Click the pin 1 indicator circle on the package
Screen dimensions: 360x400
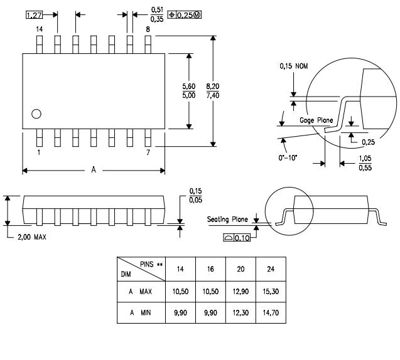(36, 114)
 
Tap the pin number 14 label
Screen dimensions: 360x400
(39, 29)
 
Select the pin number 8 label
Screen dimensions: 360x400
(148, 29)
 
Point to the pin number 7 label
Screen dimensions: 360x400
(148, 152)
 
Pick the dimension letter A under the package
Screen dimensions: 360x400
(94, 170)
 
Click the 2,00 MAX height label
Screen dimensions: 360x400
(31, 237)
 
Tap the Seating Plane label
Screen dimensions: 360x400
(228, 220)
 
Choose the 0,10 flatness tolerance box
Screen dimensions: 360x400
(237, 238)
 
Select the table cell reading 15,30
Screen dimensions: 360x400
(271, 292)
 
